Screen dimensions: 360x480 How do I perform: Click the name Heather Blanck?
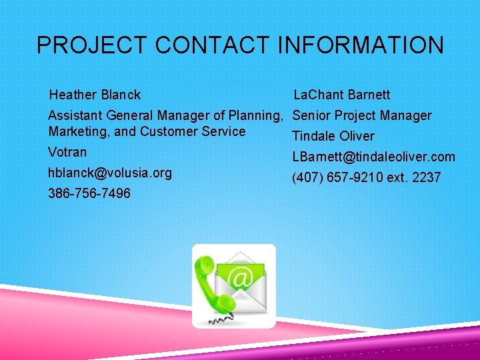[95, 95]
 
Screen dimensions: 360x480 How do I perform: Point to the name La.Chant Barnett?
[342, 95]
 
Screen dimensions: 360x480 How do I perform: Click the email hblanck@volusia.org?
[110, 173]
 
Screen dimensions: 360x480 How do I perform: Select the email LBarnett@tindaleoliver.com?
[374, 157]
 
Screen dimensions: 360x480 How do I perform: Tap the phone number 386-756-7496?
[89, 194]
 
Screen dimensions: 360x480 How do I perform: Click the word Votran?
[67, 153]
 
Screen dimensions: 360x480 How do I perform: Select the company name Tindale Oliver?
[333, 137]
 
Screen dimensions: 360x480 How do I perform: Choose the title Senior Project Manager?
[362, 116]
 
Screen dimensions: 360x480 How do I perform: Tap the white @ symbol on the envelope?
[243, 277]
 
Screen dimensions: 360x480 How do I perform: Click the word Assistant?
[74, 116]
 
